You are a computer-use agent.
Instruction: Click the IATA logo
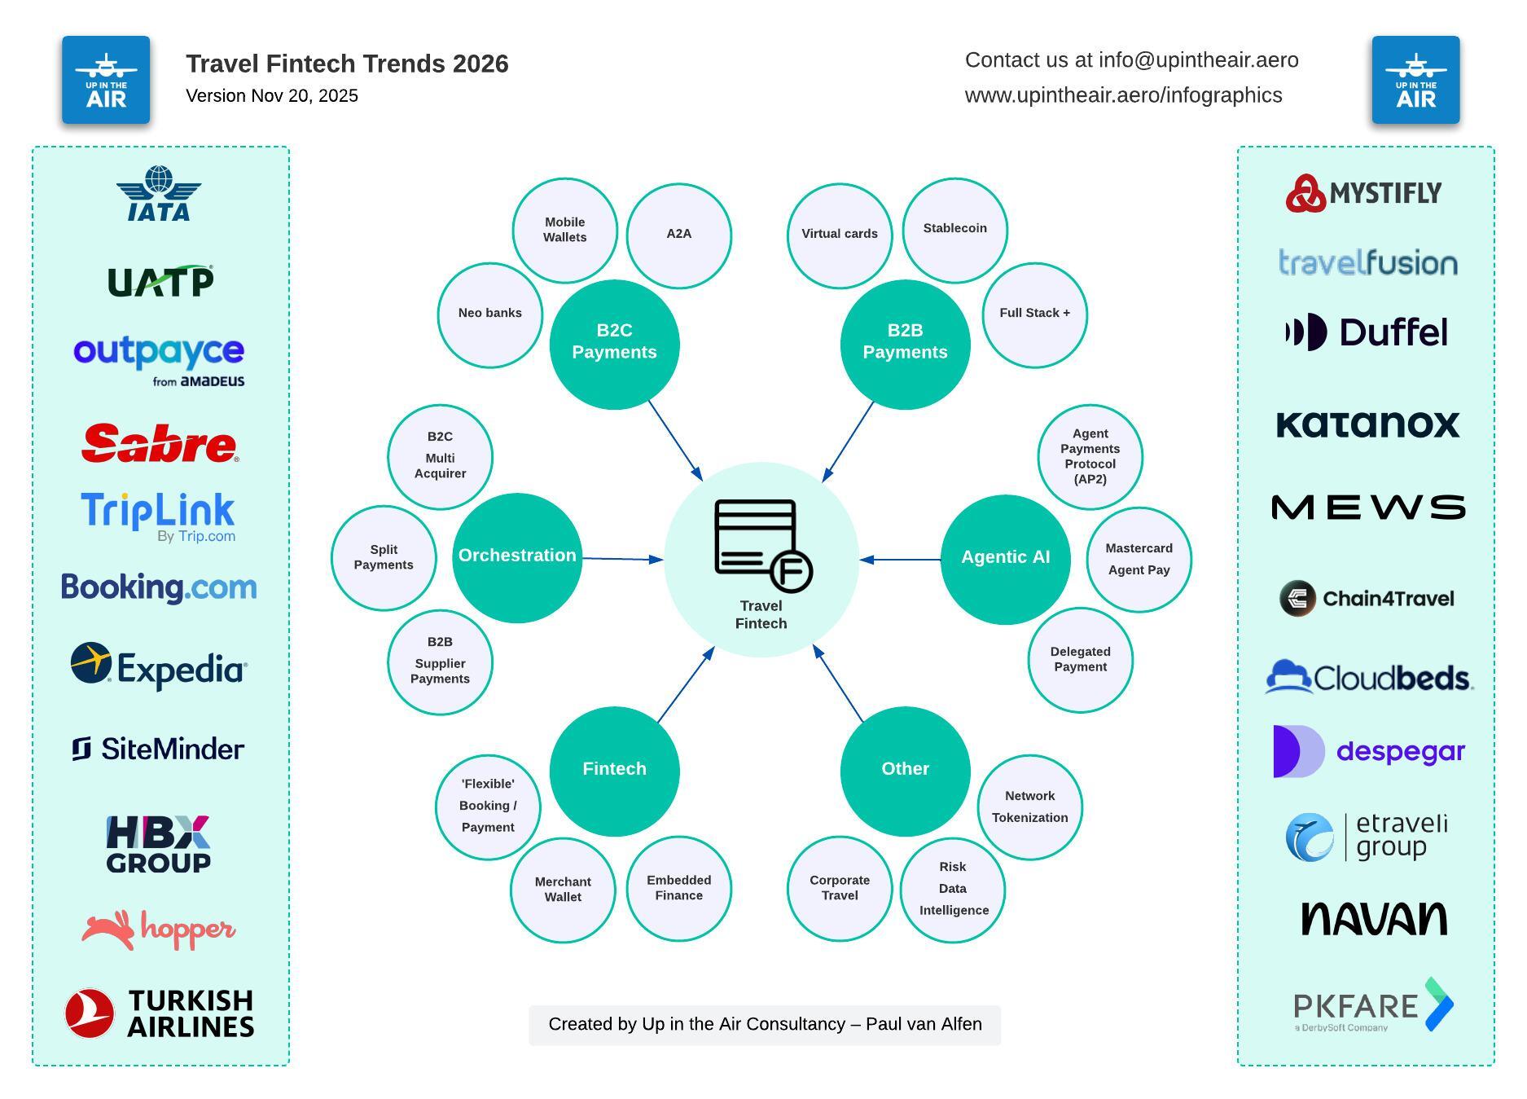tap(159, 194)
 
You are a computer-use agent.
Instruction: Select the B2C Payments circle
tap(614, 344)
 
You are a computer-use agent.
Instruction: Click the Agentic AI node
tap(1005, 559)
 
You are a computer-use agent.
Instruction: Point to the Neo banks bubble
tap(489, 314)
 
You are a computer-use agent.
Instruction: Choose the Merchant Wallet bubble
tap(563, 890)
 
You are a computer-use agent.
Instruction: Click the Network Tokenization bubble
tap(1029, 807)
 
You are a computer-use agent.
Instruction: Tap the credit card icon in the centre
tap(762, 544)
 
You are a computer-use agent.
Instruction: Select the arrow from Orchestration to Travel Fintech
tap(622, 559)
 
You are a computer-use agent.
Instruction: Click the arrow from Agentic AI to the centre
tap(900, 560)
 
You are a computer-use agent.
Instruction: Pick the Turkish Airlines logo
tap(160, 1013)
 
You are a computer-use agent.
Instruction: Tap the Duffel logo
tap(1367, 332)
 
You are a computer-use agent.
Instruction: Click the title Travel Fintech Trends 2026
tap(347, 64)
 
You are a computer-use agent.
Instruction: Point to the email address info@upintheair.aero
tap(1198, 60)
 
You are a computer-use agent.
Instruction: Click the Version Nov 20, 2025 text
tap(272, 96)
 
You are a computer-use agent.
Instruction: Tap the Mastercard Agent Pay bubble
tap(1139, 559)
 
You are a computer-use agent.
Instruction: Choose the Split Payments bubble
tap(384, 557)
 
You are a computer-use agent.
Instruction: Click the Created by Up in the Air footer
tap(765, 1025)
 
